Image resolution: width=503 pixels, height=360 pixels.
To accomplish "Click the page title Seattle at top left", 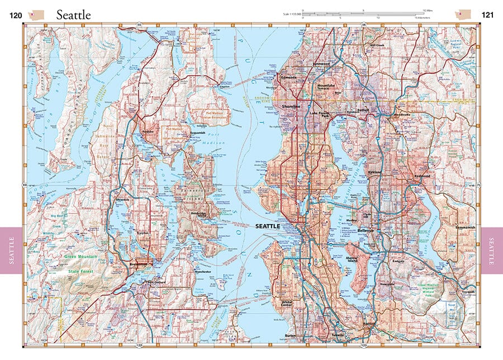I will tap(73, 15).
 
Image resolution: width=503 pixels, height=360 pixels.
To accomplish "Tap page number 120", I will tap(16, 15).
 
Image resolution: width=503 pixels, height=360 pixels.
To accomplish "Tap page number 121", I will tap(487, 15).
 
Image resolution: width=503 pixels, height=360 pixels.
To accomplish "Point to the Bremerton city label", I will tap(143, 262).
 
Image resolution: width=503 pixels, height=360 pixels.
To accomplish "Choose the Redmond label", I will tap(423, 176).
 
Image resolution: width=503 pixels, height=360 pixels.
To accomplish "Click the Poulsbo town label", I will tap(148, 131).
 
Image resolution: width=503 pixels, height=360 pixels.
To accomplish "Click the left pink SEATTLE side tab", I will tap(11, 250).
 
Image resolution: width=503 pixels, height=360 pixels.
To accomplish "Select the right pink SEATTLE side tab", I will tap(492, 250).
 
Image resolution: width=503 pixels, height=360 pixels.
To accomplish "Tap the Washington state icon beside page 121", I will tap(463, 13).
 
